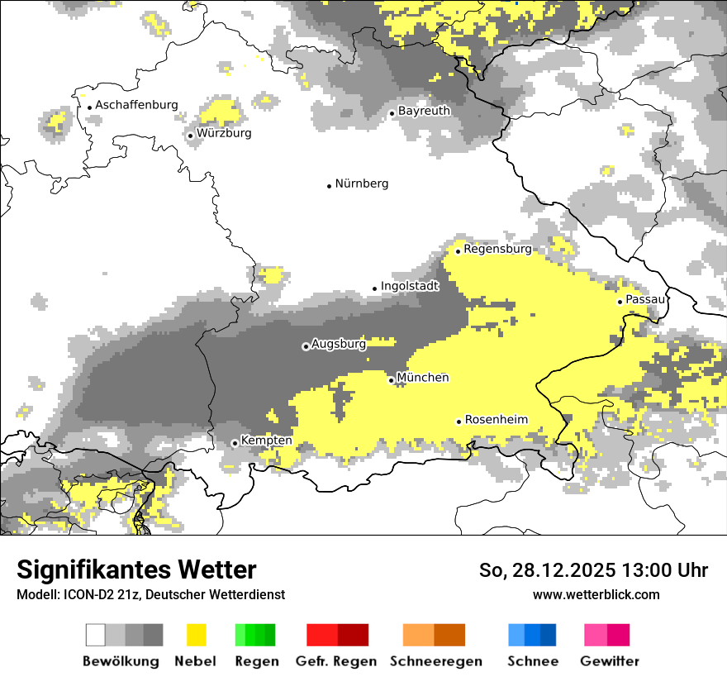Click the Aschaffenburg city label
(x=136, y=105)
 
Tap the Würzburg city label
(x=224, y=133)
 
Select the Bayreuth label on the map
(x=424, y=111)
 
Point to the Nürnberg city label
(x=361, y=183)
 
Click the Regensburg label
(x=497, y=249)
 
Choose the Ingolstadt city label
(x=410, y=286)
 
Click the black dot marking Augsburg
(x=306, y=346)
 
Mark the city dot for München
(x=392, y=380)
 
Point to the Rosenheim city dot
(x=459, y=422)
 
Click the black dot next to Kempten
(x=235, y=443)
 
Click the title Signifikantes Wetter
(x=136, y=569)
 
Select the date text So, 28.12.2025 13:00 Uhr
(x=593, y=570)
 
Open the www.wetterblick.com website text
(x=596, y=594)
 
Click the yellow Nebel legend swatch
(x=196, y=635)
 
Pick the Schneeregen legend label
(x=435, y=661)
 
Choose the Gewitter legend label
(x=610, y=661)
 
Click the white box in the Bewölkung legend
(x=96, y=635)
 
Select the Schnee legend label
(x=533, y=661)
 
